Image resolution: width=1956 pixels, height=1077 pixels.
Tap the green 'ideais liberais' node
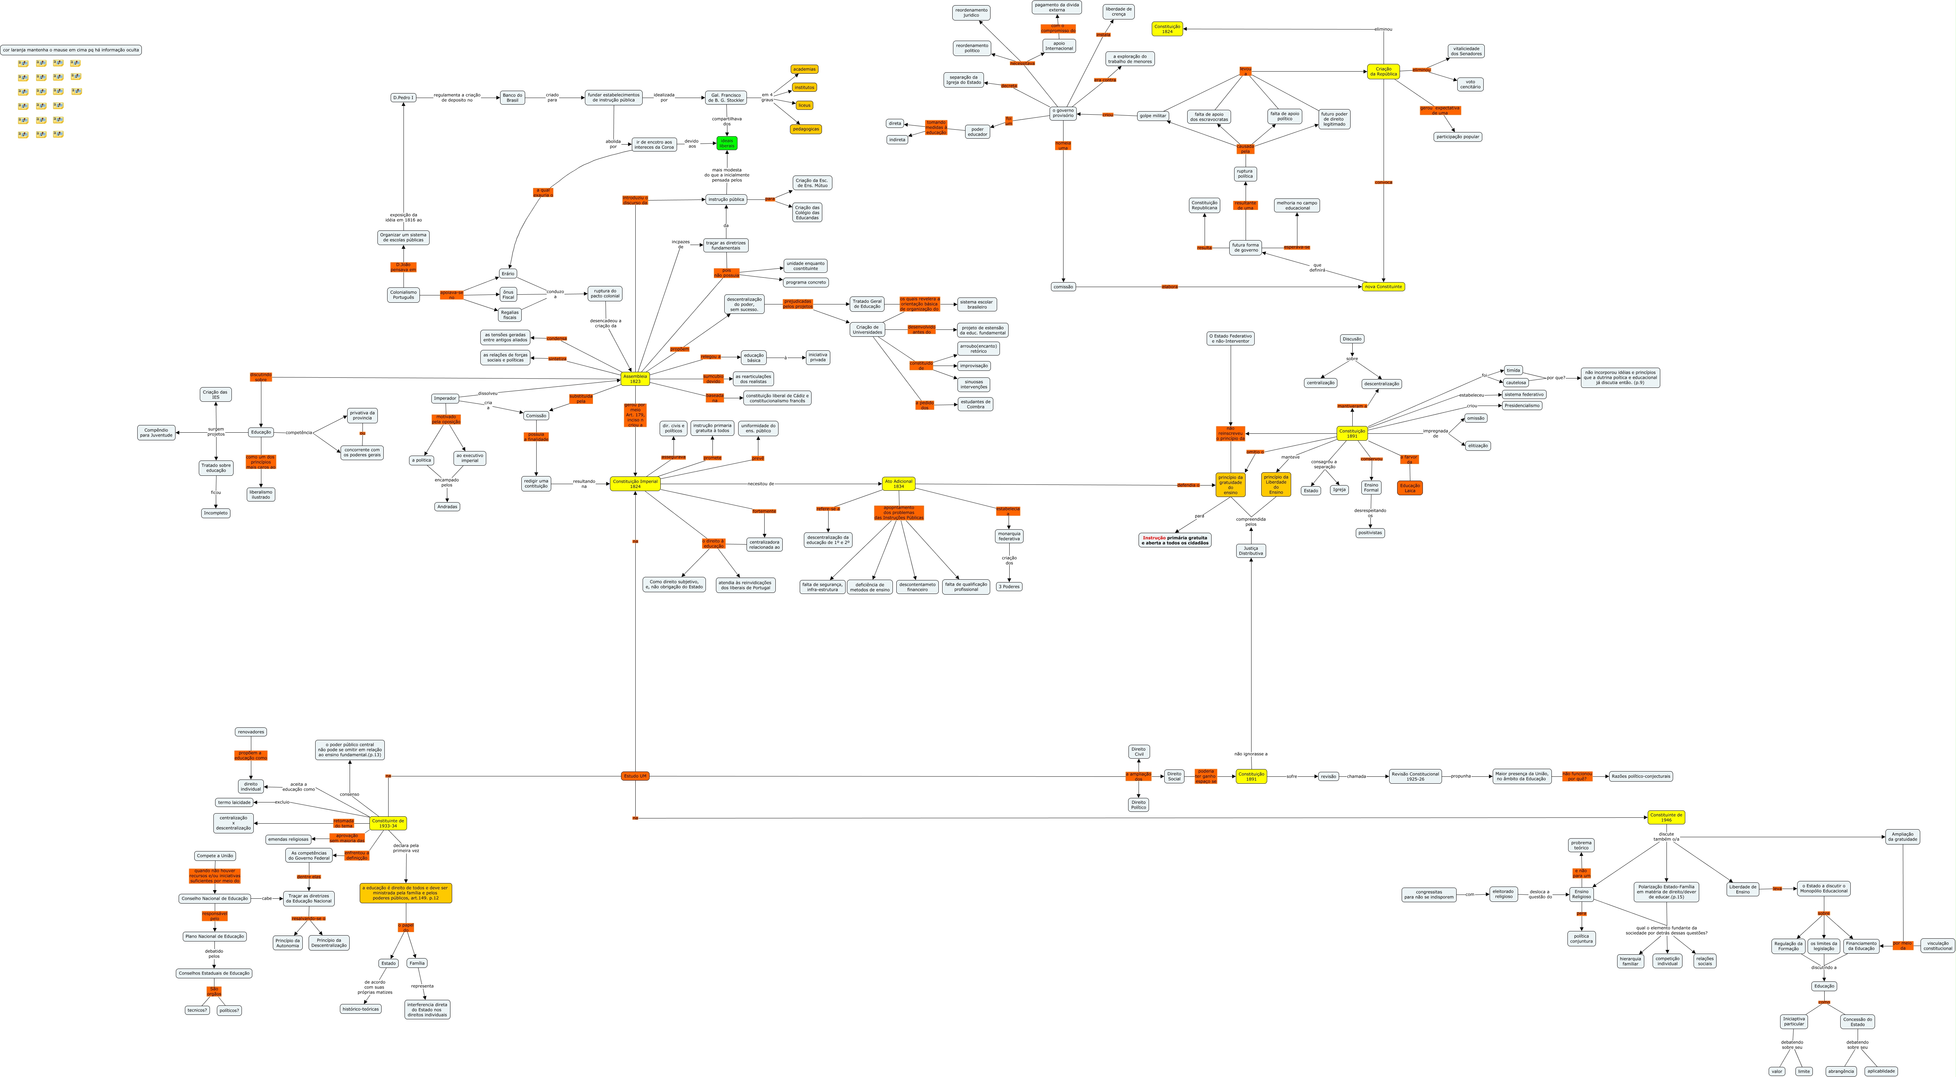click(727, 143)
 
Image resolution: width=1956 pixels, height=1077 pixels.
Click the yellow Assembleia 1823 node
click(635, 378)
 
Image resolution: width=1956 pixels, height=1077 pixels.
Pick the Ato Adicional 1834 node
click(898, 484)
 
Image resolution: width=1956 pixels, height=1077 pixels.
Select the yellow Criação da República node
click(1384, 71)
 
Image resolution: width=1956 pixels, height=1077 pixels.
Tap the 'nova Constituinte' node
click(1383, 286)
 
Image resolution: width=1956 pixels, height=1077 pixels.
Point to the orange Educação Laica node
click(1409, 488)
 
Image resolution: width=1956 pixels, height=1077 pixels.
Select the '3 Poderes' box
click(1008, 586)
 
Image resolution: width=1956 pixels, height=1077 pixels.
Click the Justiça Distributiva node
click(1250, 550)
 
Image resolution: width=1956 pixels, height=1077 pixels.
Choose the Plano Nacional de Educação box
click(214, 937)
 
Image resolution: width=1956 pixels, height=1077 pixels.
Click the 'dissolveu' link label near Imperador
click(488, 393)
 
